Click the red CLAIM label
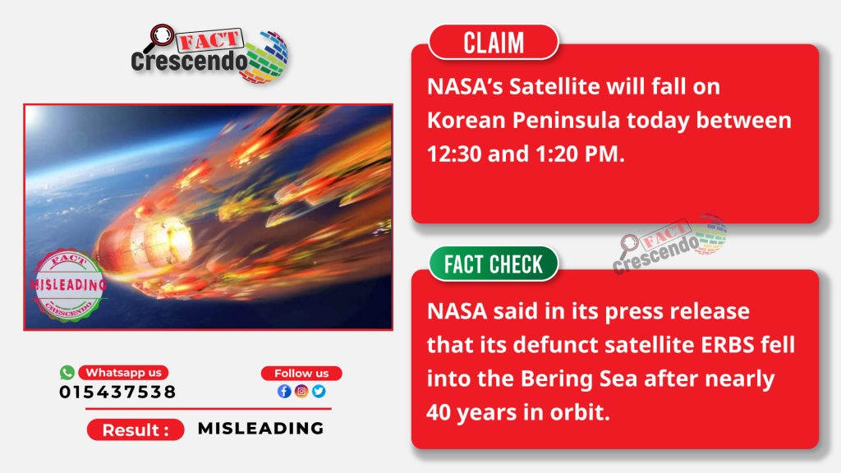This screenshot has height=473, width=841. [494, 42]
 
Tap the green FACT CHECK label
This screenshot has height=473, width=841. [494, 264]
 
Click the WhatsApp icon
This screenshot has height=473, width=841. [67, 372]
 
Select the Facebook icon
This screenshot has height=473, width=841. [284, 391]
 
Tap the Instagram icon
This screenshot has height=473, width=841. [301, 391]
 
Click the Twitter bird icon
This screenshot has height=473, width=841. [319, 391]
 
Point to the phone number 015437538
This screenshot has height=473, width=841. [117, 392]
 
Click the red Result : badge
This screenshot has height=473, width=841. [136, 429]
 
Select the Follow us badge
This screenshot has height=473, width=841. [301, 374]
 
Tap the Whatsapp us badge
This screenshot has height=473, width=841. [123, 372]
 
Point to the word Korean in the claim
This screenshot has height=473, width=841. [466, 120]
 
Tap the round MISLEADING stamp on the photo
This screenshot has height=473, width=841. [68, 285]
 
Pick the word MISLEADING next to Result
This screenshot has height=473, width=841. [260, 429]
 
